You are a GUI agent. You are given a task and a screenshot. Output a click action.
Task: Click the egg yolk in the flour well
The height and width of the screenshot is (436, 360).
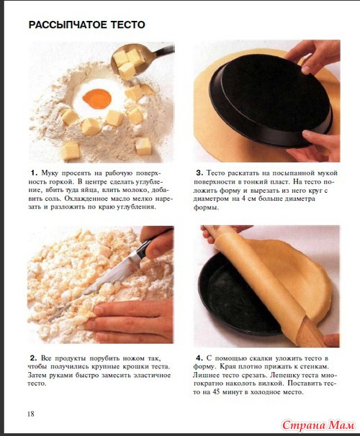click(x=97, y=99)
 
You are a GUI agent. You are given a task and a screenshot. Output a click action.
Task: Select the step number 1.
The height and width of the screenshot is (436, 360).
click(x=34, y=173)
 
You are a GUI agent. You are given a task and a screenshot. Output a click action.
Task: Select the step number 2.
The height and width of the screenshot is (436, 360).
click(x=33, y=358)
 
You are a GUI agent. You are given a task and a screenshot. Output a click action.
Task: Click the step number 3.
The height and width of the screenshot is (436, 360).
click(x=199, y=173)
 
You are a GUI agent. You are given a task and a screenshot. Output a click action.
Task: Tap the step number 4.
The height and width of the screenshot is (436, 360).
click(x=199, y=358)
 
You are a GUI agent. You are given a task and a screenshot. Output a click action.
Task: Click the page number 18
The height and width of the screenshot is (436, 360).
click(x=31, y=414)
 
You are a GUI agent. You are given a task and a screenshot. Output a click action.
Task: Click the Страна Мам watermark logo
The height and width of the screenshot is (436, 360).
click(x=318, y=425)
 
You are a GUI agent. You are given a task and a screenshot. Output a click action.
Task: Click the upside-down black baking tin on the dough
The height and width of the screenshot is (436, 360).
click(x=271, y=100)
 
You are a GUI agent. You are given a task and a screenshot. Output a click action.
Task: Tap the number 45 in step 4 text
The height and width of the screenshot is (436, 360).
click(x=216, y=392)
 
